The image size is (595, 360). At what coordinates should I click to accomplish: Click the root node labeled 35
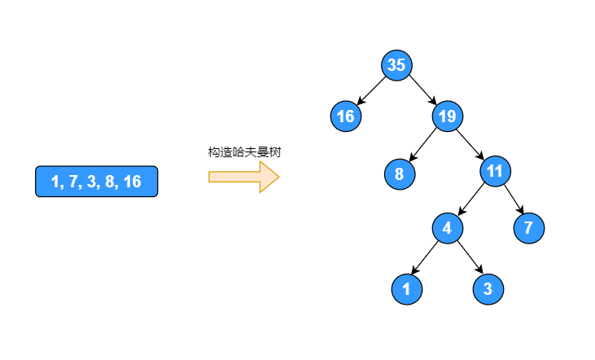396,66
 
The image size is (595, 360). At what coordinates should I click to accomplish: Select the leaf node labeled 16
346,116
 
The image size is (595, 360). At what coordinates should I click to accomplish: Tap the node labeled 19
447,116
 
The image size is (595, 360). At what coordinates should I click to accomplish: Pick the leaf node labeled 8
399,173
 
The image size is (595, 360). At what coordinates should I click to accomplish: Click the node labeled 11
496,171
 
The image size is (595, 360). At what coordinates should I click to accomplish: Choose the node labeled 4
447,228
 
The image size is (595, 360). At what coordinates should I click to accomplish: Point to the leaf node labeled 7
528,228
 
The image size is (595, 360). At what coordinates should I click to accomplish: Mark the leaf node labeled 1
406,288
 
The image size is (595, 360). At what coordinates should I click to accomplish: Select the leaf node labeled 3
488,288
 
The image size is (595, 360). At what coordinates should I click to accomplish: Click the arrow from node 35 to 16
371,91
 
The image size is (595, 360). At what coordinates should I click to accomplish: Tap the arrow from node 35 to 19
422,91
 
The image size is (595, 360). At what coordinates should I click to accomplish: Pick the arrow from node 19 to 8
423,144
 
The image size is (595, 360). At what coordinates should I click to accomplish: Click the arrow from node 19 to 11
471,143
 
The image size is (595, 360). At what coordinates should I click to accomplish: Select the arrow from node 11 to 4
471,200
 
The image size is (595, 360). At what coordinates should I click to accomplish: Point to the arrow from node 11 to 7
512,200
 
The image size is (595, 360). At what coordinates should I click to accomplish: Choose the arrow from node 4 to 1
427,258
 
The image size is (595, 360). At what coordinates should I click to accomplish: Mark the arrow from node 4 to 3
467,258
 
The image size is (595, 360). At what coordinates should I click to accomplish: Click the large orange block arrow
243,177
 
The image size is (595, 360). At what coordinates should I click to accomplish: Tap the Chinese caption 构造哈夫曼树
244,152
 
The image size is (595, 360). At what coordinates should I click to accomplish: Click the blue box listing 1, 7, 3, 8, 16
96,182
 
